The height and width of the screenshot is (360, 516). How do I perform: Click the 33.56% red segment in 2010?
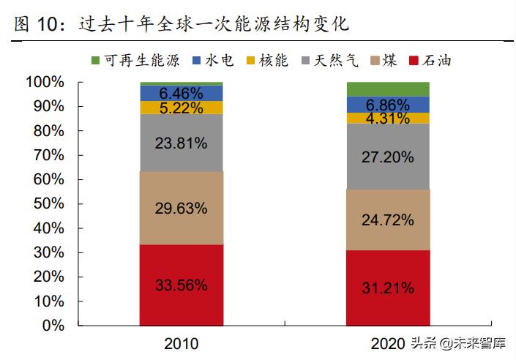click(x=182, y=285)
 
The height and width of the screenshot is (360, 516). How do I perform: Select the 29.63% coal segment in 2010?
click(x=182, y=208)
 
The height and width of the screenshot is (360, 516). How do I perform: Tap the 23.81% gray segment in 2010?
click(x=182, y=143)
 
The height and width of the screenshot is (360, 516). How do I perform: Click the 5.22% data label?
click(x=182, y=108)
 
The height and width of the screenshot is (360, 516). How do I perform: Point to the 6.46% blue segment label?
click(x=182, y=93)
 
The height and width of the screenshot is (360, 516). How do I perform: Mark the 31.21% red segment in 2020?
click(x=388, y=288)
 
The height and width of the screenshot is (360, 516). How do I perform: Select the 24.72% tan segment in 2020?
click(x=388, y=220)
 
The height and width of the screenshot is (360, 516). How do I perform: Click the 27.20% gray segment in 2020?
click(x=388, y=157)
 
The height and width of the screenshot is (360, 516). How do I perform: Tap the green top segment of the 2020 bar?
click(x=388, y=89)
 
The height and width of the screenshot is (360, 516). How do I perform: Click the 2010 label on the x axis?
click(x=182, y=342)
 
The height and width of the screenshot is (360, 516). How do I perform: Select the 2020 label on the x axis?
click(x=388, y=342)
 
